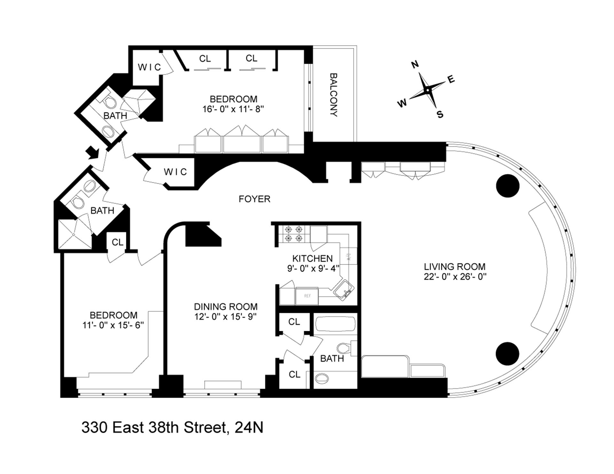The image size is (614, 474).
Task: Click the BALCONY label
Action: tap(334, 95)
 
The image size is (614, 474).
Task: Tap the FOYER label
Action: tap(255, 199)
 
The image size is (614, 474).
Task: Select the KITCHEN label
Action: tap(312, 258)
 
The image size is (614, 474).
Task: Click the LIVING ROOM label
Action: tap(455, 266)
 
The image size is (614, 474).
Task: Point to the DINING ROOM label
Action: tap(226, 307)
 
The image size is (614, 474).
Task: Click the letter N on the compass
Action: tap(415, 65)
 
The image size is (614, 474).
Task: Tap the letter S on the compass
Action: tap(440, 114)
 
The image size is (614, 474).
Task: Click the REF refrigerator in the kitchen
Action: tap(307, 296)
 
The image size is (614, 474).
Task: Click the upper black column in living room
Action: tap(508, 186)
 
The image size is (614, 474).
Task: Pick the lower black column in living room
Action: tap(508, 354)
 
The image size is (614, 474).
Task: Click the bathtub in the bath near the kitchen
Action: tap(335, 324)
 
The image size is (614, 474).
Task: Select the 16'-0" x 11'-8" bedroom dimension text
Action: tap(233, 109)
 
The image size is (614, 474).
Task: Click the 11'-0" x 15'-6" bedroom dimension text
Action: tap(113, 325)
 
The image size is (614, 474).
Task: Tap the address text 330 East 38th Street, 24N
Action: tap(172, 427)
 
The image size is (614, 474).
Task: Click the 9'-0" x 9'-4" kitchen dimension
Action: tap(312, 268)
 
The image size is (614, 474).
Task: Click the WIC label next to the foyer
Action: tap(175, 172)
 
